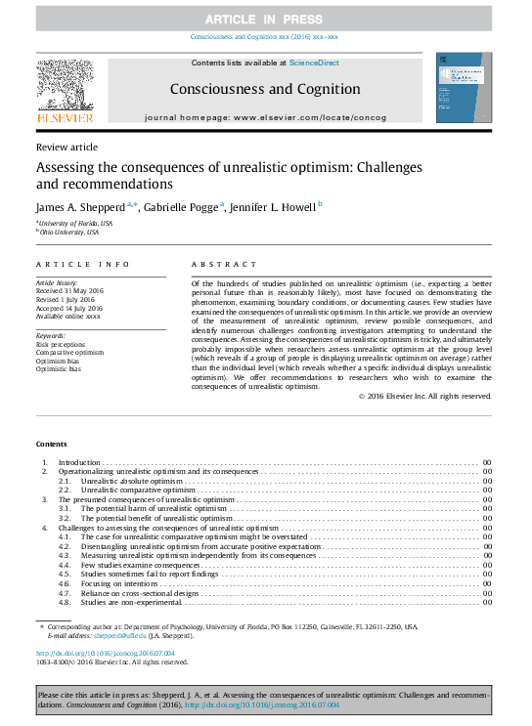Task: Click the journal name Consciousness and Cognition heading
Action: pos(266,89)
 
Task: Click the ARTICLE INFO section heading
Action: pos(83,265)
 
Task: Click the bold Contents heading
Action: pos(53,444)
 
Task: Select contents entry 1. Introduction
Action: pos(79,461)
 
